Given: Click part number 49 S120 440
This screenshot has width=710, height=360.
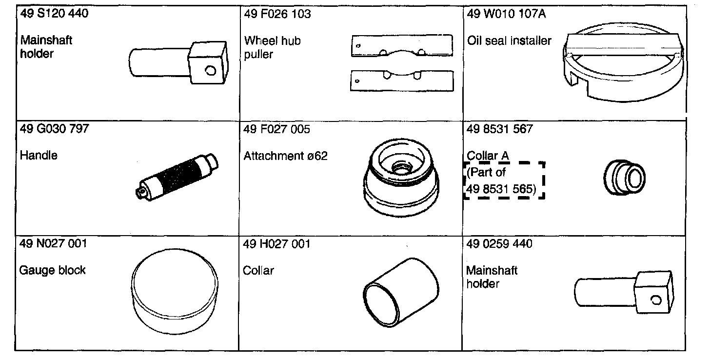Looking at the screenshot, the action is [x=54, y=14].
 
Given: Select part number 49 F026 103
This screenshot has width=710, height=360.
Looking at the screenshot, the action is [x=277, y=14].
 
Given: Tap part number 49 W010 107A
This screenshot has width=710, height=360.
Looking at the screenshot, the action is [x=507, y=14].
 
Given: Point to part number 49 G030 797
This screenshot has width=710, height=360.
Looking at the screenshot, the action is [x=54, y=129].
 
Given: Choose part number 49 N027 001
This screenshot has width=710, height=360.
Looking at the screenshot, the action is [x=53, y=243].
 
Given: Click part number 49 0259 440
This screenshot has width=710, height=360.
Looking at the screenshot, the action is [x=499, y=244].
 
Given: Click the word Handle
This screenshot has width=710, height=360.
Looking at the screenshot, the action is [x=39, y=156].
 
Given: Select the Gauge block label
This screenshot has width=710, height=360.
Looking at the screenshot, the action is [x=52, y=270].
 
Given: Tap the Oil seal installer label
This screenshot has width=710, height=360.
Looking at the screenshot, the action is [x=510, y=41].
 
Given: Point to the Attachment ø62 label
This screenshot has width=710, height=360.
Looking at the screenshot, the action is [x=285, y=156].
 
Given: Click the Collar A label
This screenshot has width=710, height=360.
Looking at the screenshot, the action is [x=488, y=156].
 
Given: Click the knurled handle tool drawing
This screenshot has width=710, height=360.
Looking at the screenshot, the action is [x=177, y=177].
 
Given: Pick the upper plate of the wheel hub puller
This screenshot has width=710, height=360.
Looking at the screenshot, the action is [x=402, y=46].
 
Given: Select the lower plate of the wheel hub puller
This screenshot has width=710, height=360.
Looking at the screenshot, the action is [x=402, y=81].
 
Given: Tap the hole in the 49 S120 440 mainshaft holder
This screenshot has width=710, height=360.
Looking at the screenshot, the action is [x=211, y=70].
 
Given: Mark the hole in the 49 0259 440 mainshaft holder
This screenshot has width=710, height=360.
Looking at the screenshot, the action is [x=656, y=300].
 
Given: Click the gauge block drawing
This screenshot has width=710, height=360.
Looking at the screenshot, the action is [x=175, y=292].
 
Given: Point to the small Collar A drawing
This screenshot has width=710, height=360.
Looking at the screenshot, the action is [x=624, y=178].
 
